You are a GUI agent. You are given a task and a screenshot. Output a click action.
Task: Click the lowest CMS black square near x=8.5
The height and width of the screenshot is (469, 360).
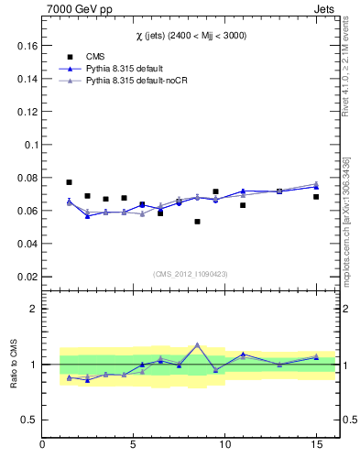[x=197, y=222]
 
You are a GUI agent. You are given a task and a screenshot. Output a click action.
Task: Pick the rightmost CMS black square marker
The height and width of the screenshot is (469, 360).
[x=316, y=197]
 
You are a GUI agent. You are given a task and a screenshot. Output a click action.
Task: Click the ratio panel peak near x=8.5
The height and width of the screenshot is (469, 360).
[x=197, y=344]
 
